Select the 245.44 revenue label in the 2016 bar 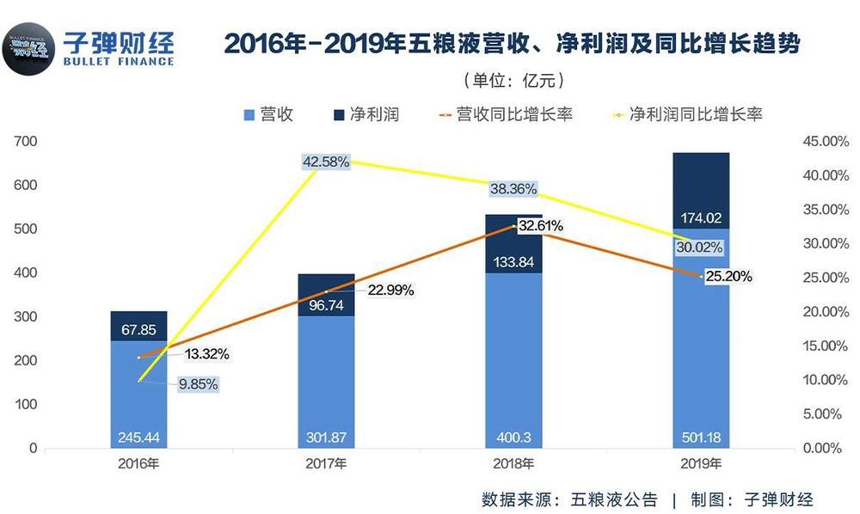[138, 438]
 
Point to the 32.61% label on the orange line [539, 226]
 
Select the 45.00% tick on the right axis [824, 141]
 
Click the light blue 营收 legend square [249, 114]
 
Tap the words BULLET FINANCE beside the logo [119, 61]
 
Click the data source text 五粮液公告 [611, 499]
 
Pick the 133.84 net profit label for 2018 [513, 261]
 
